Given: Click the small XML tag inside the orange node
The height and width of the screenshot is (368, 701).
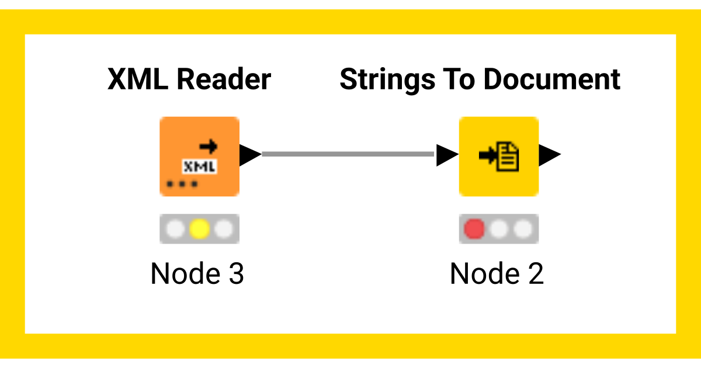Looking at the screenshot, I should pyautogui.click(x=200, y=167).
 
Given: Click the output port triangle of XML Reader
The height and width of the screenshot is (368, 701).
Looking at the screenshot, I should pyautogui.click(x=250, y=155).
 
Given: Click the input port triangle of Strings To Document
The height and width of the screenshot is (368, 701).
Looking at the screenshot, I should pyautogui.click(x=447, y=155).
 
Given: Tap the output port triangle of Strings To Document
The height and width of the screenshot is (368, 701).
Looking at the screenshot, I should pyautogui.click(x=549, y=155).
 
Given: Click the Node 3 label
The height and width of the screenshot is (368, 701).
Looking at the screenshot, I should pyautogui.click(x=197, y=273).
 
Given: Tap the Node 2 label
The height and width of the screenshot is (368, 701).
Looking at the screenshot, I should pyautogui.click(x=497, y=273).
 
